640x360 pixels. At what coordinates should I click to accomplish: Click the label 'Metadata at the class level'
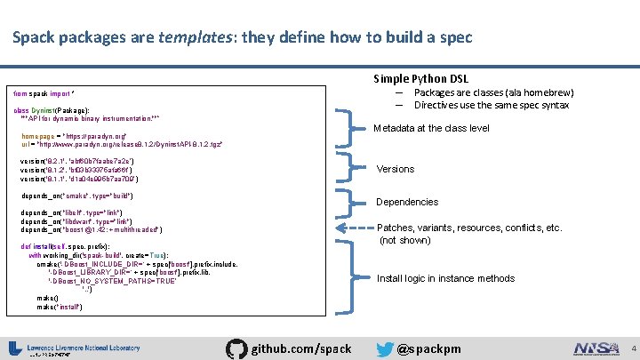[x=431, y=128]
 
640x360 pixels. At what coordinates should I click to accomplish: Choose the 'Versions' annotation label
[x=396, y=169]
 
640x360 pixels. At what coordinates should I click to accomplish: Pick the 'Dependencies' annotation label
[x=407, y=202]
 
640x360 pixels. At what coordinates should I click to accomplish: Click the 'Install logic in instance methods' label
[x=445, y=278]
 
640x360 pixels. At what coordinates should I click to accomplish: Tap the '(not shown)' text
[x=405, y=240]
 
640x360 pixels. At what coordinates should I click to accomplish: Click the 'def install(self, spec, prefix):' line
[x=76, y=245]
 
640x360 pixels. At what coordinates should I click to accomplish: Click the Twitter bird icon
[x=384, y=348]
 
